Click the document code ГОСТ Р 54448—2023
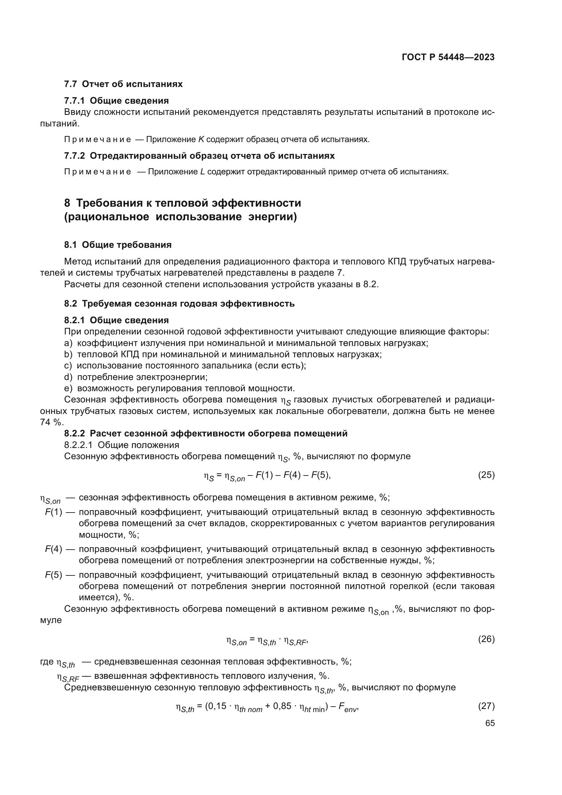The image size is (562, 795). coord(448,57)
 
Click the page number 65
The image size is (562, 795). coord(490,723)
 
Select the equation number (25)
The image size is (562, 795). coord(486,475)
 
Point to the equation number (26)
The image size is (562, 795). coord(486,639)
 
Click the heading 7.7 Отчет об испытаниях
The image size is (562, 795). coord(123,84)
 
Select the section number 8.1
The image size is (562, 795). coord(70,245)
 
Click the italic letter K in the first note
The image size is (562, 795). coord(201,140)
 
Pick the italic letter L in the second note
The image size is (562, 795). coord(203,172)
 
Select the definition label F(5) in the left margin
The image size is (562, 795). coord(53,575)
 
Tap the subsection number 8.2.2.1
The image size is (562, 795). coord(78,445)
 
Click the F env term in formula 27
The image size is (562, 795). coord(347,707)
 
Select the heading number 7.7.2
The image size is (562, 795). coord(74,156)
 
